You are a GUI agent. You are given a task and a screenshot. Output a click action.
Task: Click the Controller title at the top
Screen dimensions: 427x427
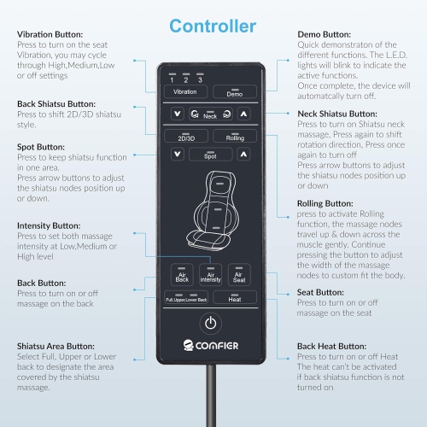[x=213, y=26]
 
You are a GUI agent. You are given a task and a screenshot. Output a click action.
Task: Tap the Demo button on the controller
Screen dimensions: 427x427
[x=235, y=91]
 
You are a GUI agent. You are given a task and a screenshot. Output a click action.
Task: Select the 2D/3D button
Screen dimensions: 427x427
[x=186, y=136]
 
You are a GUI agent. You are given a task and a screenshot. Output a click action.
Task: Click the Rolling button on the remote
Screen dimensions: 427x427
[x=235, y=136]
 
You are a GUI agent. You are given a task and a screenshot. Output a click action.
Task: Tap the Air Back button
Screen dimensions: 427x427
[x=182, y=275]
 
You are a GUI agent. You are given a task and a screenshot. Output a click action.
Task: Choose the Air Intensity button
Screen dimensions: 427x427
[x=211, y=275]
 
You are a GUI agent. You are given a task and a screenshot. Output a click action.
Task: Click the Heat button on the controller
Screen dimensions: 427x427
[x=235, y=297]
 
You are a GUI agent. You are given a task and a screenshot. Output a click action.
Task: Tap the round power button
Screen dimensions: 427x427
[x=211, y=323]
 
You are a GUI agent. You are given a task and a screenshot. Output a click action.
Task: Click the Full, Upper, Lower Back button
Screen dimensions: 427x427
[x=186, y=297]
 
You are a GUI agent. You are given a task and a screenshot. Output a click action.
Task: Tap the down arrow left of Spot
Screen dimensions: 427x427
[x=178, y=155]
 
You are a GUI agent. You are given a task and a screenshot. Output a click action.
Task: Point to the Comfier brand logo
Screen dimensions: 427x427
[x=211, y=345]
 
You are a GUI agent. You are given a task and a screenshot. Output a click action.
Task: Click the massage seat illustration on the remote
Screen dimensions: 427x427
[x=213, y=211]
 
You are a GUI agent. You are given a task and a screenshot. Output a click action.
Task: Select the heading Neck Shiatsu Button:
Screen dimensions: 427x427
[x=337, y=114]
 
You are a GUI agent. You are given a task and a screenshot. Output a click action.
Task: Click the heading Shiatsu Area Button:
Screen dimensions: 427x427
[x=56, y=347]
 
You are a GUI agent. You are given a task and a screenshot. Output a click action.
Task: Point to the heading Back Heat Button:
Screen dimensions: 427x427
[x=331, y=347]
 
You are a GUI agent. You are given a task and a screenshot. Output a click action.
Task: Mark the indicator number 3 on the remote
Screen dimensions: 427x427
[x=200, y=79]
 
